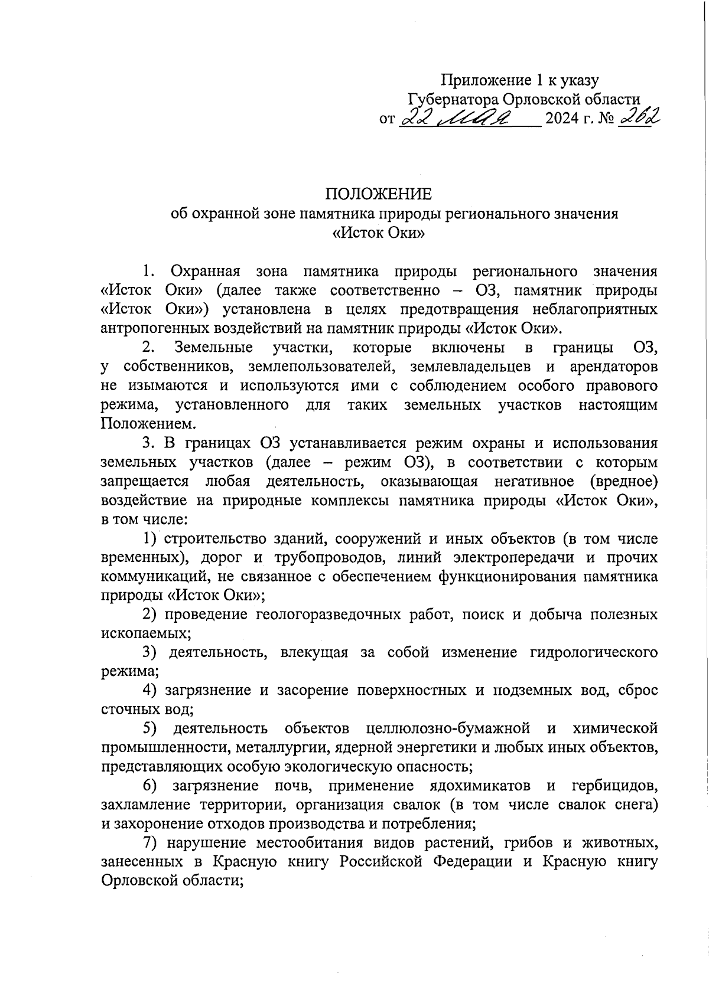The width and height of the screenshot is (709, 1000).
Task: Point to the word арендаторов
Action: click(x=613, y=367)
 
